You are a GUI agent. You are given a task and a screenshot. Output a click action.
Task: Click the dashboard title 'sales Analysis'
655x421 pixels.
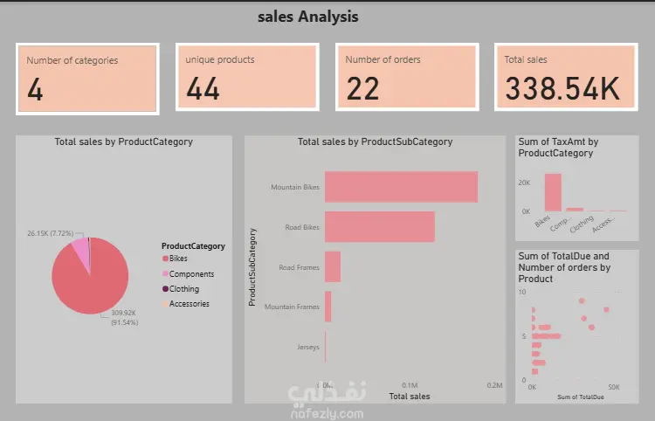click(x=308, y=17)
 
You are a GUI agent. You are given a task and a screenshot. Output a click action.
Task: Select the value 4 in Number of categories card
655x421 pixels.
click(x=35, y=89)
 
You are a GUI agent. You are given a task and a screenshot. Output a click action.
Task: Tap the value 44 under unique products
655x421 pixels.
click(x=203, y=88)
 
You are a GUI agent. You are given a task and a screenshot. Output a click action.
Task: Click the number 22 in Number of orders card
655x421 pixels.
click(x=363, y=88)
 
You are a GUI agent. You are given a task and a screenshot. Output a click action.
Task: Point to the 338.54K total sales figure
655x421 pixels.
click(x=562, y=88)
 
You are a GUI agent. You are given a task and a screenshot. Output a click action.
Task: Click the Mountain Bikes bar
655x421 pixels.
click(x=401, y=187)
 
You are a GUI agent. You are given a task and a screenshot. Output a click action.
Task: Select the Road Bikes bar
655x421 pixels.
click(x=379, y=227)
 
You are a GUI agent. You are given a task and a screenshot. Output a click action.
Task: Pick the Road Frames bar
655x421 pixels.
click(x=333, y=266)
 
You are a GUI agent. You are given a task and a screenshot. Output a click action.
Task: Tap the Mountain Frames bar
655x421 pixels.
click(x=328, y=307)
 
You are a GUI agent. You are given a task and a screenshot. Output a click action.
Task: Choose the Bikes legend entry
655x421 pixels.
click(x=178, y=259)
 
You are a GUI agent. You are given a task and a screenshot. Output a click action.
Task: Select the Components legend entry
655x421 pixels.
click(x=191, y=274)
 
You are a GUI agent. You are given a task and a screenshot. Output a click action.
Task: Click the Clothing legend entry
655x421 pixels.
click(x=184, y=289)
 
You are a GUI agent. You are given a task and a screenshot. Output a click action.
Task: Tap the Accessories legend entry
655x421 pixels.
click(x=190, y=304)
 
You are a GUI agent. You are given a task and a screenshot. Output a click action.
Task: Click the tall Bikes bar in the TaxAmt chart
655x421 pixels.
click(x=553, y=192)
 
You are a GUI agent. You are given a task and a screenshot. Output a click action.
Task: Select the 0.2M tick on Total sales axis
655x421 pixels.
click(x=495, y=385)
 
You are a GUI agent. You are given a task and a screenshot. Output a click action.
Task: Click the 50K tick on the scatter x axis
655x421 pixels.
click(x=613, y=386)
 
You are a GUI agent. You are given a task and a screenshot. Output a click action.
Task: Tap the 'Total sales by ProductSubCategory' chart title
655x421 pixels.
click(x=375, y=141)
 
